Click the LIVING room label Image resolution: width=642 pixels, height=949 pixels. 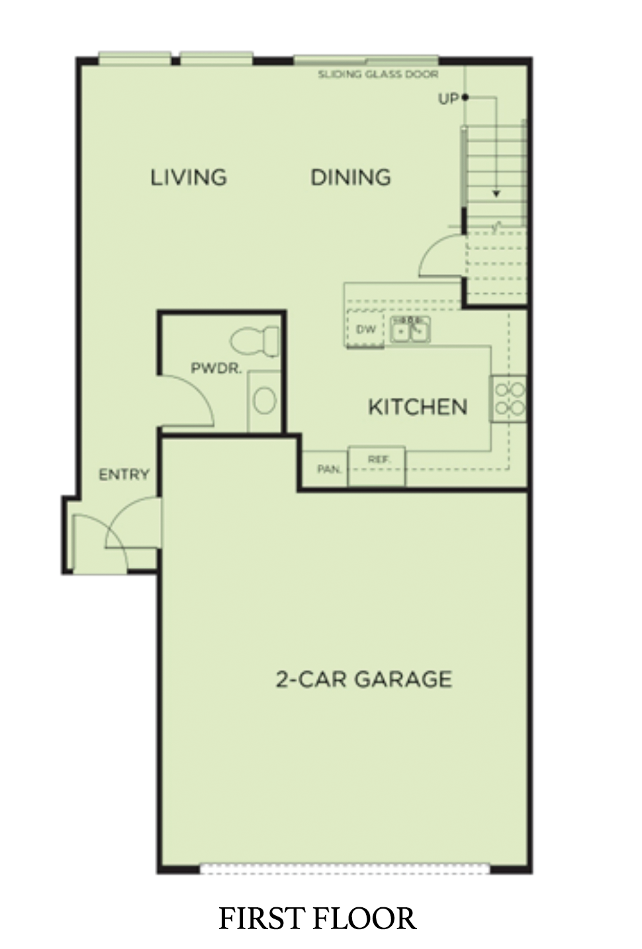click(189, 177)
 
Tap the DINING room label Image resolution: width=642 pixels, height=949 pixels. click(351, 177)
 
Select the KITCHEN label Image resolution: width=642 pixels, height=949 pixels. click(418, 406)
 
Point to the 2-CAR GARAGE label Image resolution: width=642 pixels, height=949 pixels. click(364, 679)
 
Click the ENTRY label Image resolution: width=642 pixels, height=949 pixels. click(124, 474)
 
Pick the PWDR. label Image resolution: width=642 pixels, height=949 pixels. click(216, 368)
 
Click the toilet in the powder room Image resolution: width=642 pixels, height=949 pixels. click(255, 341)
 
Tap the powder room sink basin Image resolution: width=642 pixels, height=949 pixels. click(265, 400)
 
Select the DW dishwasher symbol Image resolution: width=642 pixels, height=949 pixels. click(365, 329)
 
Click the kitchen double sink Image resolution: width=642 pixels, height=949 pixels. click(410, 329)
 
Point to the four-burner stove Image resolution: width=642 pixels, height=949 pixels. click(509, 398)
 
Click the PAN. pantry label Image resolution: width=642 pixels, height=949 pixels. click(329, 469)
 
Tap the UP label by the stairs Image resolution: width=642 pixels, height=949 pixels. click(448, 99)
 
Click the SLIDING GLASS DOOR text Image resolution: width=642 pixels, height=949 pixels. click(378, 74)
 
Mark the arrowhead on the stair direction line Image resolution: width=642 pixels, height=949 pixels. click(496, 194)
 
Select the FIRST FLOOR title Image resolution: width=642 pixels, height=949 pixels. click(317, 919)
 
